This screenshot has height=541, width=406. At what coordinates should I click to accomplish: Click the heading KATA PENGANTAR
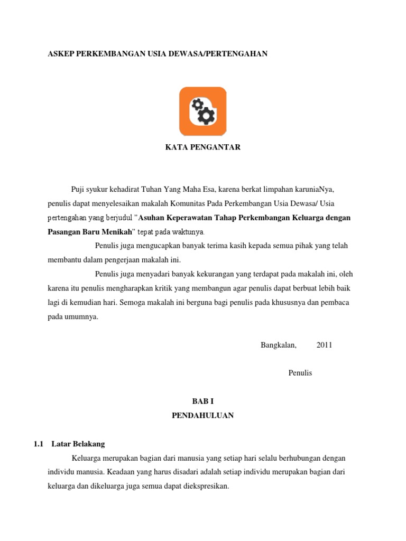[203, 147]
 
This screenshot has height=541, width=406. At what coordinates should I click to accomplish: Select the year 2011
[324, 345]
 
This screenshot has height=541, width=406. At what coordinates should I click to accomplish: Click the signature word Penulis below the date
[300, 372]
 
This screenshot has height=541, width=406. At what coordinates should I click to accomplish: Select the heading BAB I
[202, 402]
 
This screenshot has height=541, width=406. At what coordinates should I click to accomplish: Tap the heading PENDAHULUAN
[202, 416]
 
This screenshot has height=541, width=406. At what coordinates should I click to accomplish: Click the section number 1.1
[38, 444]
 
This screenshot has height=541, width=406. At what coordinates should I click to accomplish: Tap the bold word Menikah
[115, 231]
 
